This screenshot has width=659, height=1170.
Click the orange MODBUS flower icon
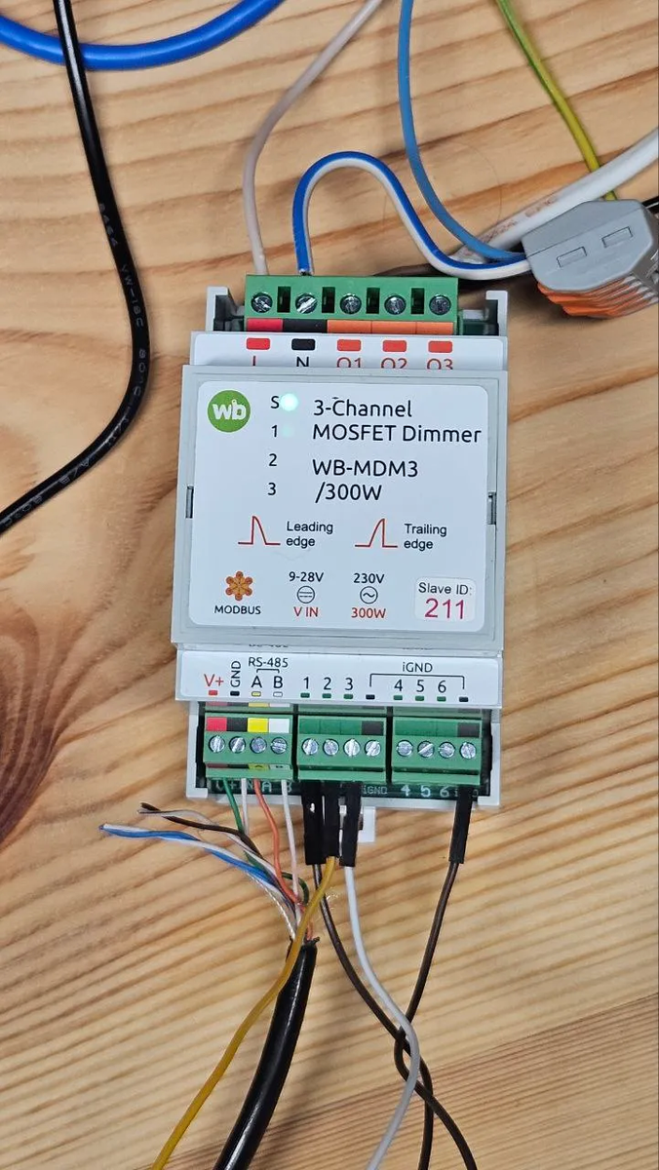(x=238, y=587)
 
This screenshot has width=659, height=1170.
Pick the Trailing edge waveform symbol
(x=375, y=532)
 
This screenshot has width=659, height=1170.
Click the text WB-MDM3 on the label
(x=365, y=468)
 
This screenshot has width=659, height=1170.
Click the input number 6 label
(x=442, y=685)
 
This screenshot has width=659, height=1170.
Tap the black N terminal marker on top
(x=303, y=343)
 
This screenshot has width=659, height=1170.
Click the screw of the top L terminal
(x=261, y=303)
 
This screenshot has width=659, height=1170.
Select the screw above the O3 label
(x=439, y=303)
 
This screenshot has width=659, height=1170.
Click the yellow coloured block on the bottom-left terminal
(x=258, y=724)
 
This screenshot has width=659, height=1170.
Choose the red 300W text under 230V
(x=368, y=613)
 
